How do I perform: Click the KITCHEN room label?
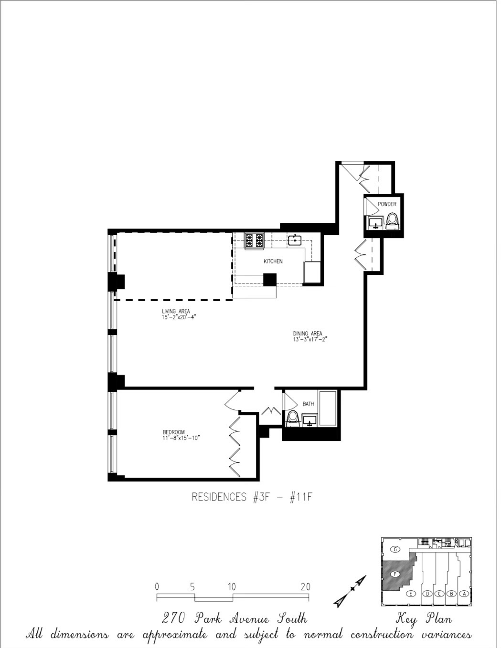click(x=273, y=261)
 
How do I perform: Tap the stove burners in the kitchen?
click(x=255, y=240)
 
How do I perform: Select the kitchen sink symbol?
click(x=295, y=240)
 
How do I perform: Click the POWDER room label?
click(x=387, y=204)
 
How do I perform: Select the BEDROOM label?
click(x=173, y=432)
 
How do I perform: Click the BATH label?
click(x=308, y=404)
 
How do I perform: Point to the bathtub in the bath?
click(x=328, y=408)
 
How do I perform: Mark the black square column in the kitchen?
click(x=270, y=279)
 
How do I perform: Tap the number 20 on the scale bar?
click(x=305, y=587)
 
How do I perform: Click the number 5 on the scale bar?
click(x=192, y=587)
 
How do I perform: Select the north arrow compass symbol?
click(x=351, y=591)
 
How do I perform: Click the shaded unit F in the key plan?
click(x=395, y=574)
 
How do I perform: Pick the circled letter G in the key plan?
click(x=395, y=549)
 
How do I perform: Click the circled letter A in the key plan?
click(x=463, y=594)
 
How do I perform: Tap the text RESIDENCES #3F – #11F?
click(x=252, y=497)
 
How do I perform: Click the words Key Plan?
click(x=424, y=619)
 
